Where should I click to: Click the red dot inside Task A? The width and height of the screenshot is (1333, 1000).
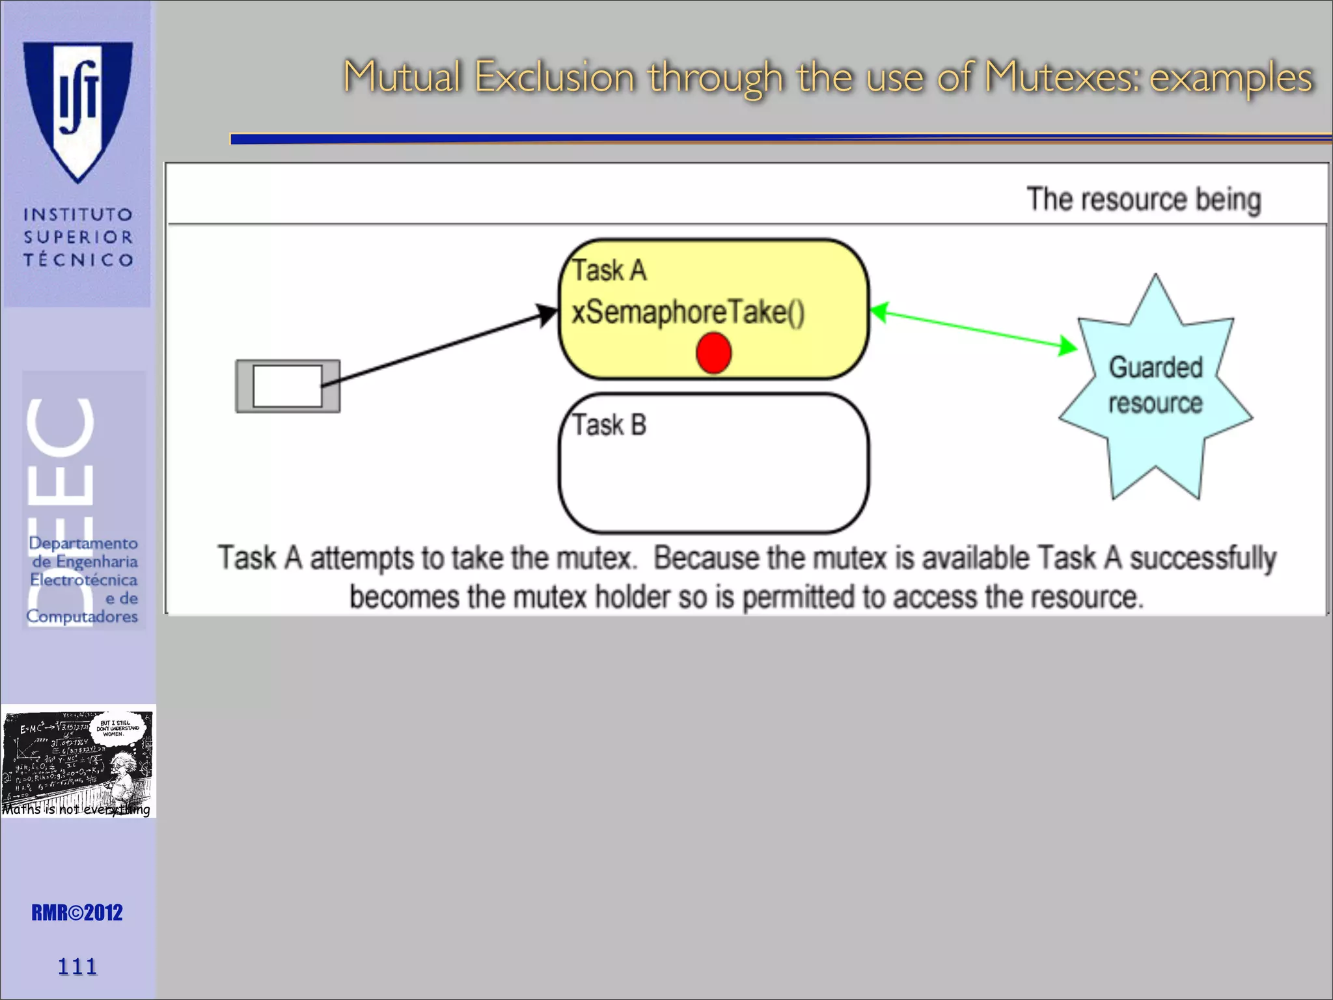coord(713,353)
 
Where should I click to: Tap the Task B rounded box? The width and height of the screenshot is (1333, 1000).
coord(713,464)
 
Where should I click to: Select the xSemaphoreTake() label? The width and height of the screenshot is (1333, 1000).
coord(688,312)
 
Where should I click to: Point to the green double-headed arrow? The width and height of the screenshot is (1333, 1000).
coord(973,329)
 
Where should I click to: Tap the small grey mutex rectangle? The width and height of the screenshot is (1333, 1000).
coord(288,386)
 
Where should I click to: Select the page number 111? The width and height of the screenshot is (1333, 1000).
coord(77,966)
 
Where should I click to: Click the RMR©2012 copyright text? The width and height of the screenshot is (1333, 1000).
coord(77,913)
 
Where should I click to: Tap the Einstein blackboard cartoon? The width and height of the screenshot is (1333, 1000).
coord(77,761)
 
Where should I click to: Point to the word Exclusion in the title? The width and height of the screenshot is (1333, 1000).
coord(554,77)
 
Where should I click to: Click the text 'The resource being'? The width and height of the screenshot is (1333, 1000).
coord(1144,199)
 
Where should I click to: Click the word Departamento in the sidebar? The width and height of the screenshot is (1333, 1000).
coord(83,543)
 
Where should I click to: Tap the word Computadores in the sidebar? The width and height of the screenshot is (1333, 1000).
coord(82,616)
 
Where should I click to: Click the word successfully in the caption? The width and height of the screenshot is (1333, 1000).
coord(1203,559)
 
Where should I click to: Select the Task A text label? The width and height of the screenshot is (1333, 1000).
coord(609,270)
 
